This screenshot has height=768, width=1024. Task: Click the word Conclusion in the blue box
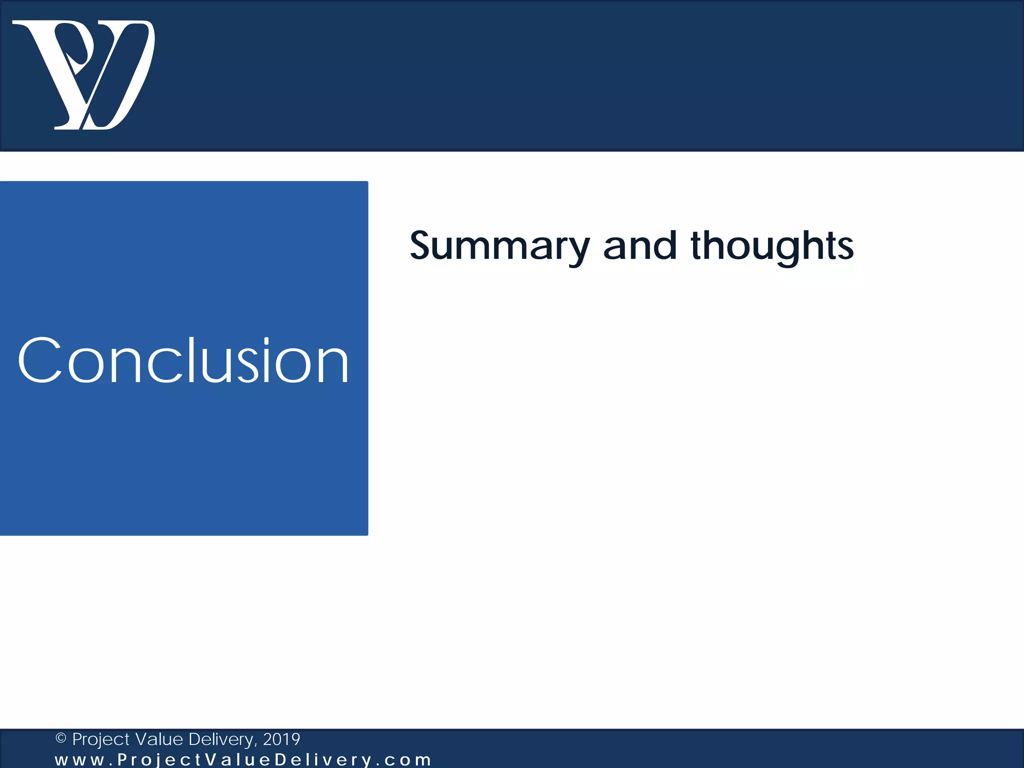pos(183,360)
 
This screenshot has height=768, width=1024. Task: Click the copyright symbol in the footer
pos(61,738)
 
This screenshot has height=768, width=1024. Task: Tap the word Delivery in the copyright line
pos(222,739)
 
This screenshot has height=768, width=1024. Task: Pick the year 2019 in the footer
pos(281,738)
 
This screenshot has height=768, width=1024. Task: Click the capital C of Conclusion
pos(40,360)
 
